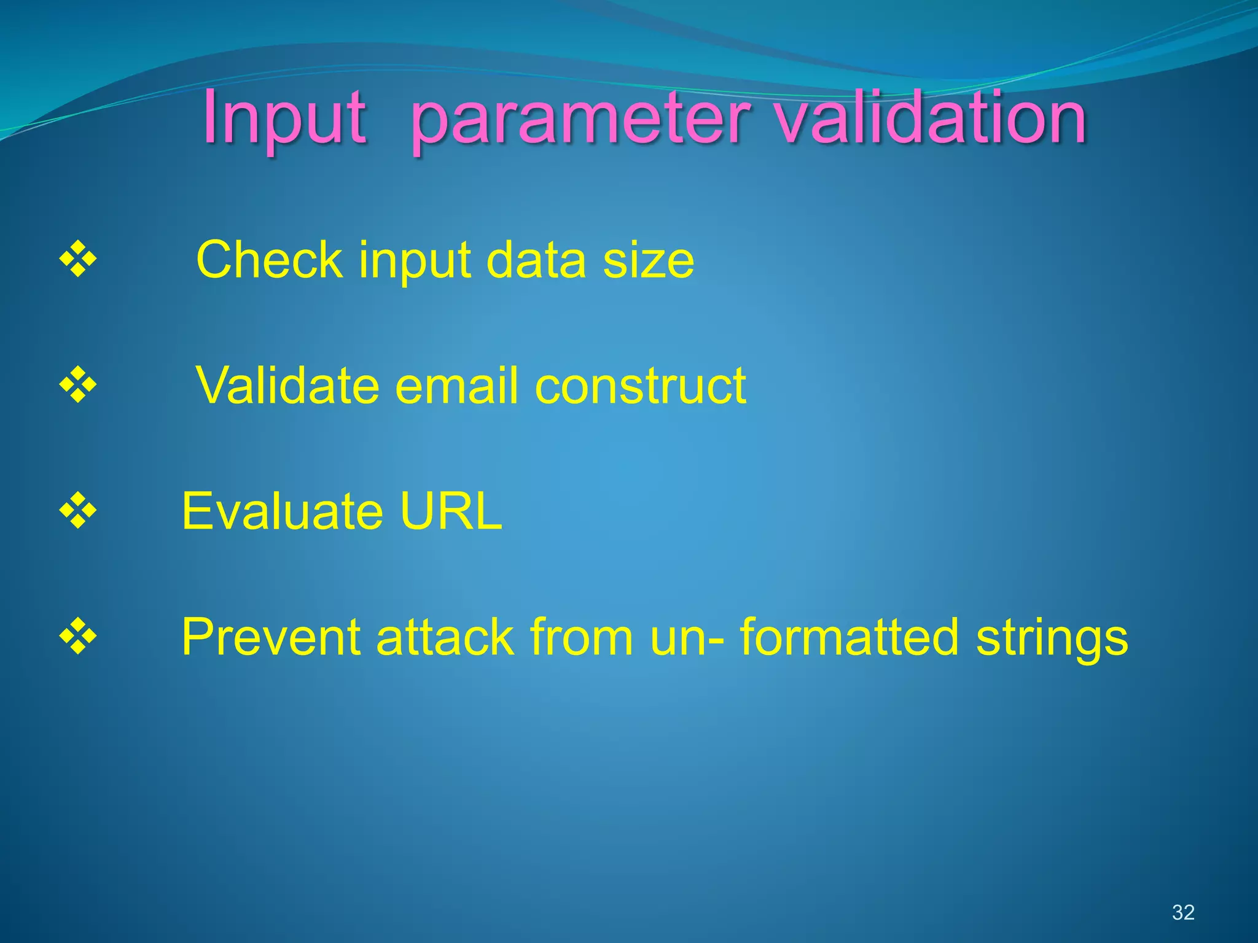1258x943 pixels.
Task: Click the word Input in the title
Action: [x=284, y=118]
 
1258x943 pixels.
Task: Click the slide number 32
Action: [x=1183, y=912]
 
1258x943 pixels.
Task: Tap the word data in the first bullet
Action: [x=536, y=260]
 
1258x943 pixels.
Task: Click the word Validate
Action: [x=287, y=386]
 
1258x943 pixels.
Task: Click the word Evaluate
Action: [x=282, y=511]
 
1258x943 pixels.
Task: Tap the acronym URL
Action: [x=451, y=511]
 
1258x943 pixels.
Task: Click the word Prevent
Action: [x=270, y=637]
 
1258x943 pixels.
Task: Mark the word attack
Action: [x=445, y=637]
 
